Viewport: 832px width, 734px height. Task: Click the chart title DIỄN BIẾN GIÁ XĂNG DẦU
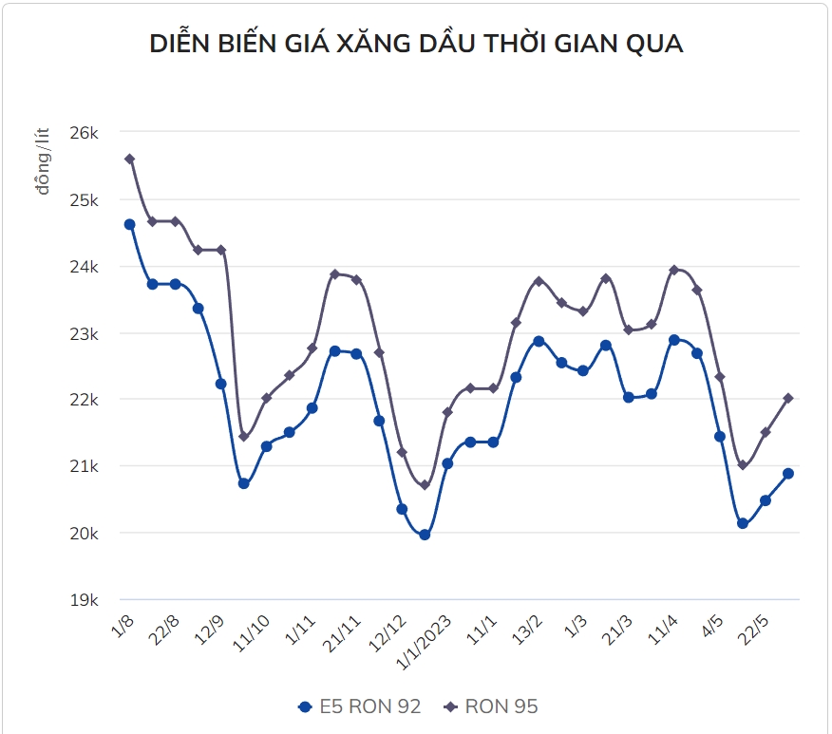point(416,44)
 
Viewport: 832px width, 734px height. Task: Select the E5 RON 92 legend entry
point(359,706)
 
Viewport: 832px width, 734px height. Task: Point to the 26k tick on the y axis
point(85,133)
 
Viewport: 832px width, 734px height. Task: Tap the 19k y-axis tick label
point(85,600)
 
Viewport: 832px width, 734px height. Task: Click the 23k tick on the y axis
point(85,333)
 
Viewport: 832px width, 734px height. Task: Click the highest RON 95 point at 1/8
point(129,160)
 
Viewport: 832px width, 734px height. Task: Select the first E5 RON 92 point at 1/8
point(129,224)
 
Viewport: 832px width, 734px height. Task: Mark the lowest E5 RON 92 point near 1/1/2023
point(425,535)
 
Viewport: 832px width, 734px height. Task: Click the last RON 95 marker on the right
point(788,398)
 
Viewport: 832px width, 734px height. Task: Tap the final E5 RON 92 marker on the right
point(788,473)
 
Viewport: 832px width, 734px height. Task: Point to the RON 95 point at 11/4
point(674,270)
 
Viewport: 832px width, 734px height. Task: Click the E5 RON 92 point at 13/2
point(539,341)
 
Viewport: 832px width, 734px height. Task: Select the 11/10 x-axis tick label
point(252,630)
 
